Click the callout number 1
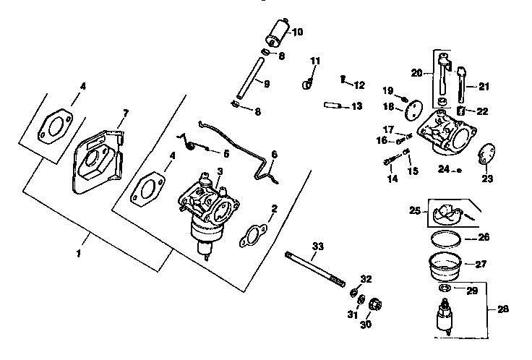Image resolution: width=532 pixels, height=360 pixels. [x=79, y=254]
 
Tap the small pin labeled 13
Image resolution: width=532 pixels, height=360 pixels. [x=333, y=104]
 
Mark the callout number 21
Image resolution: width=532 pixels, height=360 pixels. [x=484, y=87]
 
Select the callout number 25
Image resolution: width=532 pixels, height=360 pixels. [x=414, y=212]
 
